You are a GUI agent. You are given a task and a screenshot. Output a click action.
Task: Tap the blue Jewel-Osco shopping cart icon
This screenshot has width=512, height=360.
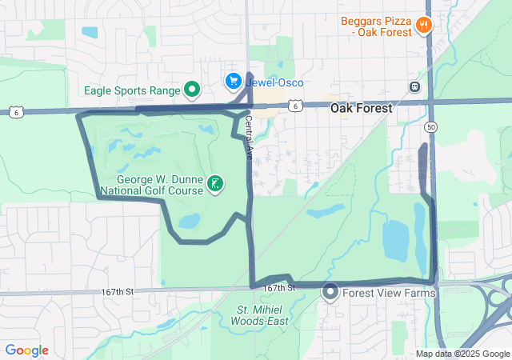pos(233,81)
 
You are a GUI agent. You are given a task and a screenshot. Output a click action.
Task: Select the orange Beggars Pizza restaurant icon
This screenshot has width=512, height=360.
pos(424,26)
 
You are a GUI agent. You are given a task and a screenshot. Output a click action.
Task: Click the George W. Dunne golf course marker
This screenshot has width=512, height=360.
pos(214,184)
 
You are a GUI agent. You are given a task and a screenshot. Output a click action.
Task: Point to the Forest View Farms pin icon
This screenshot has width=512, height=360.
pos(330,293)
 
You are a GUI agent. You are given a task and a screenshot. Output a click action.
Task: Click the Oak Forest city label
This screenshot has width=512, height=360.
pos(362,108)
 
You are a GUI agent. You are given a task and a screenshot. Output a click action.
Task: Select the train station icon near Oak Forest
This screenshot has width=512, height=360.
pos(414,87)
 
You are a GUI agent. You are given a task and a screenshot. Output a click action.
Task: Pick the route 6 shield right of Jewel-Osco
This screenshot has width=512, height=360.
pos(296,105)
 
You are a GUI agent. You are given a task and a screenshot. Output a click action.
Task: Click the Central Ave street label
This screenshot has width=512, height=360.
pos(248,137)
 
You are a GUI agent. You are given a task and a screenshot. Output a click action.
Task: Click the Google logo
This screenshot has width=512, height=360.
pos(26,350)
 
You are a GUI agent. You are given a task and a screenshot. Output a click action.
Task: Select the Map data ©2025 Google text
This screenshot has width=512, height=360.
pos(462,354)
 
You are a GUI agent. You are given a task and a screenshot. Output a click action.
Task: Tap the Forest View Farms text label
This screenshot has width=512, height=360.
pos(389,293)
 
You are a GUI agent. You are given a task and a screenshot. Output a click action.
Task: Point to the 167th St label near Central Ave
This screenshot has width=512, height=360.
pos(279,287)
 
